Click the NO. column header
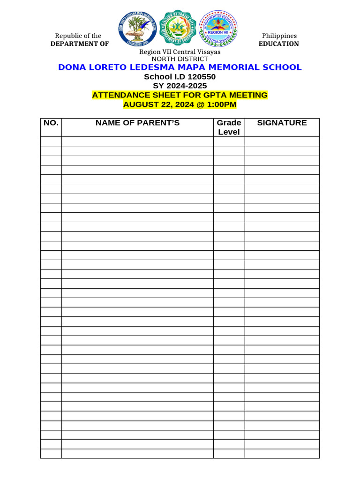click(51, 123)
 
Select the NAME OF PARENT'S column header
click(137, 123)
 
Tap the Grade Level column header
click(229, 127)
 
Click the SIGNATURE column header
click(282, 123)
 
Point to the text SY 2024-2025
click(180, 86)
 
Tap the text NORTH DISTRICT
click(180, 59)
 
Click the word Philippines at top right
click(279, 36)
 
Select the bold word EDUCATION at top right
click(278, 44)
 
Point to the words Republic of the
click(78, 36)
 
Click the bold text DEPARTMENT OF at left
click(80, 44)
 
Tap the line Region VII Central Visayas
click(180, 52)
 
